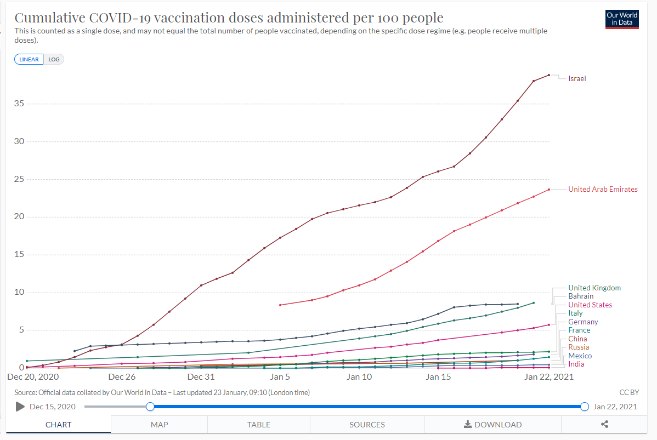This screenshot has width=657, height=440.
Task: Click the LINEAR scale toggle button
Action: (30, 59)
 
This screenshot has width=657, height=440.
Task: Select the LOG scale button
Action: (54, 59)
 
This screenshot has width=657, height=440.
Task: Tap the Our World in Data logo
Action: (622, 19)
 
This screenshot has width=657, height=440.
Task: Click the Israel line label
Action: (577, 79)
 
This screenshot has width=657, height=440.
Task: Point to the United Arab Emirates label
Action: (603, 190)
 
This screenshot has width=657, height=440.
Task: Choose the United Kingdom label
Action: (594, 288)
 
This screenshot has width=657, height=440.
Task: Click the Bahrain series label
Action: (581, 296)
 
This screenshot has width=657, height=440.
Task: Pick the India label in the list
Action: (576, 364)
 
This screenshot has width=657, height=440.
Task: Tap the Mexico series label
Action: (580, 356)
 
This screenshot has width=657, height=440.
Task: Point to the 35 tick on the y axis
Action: (19, 104)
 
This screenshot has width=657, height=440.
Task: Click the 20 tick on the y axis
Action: (19, 216)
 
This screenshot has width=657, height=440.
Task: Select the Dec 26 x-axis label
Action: (122, 377)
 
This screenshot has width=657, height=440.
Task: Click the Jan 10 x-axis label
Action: (359, 377)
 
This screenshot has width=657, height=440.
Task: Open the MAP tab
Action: (159, 425)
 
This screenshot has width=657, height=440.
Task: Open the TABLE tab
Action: (258, 425)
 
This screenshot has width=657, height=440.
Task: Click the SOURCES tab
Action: (367, 425)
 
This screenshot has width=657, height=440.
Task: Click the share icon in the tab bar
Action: (605, 425)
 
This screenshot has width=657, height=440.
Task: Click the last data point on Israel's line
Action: (549, 75)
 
